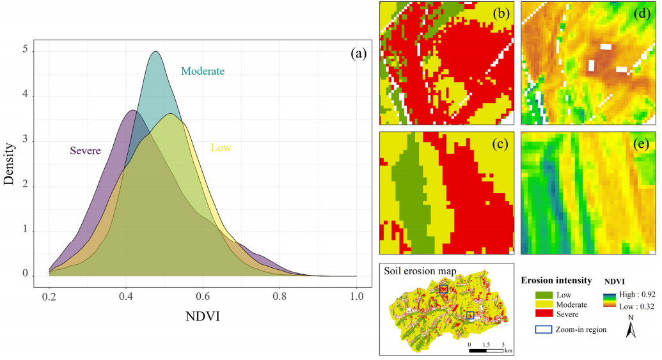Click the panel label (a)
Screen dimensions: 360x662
pos(358,54)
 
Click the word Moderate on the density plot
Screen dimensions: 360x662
pos(203,71)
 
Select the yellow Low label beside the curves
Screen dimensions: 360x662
pos(221,148)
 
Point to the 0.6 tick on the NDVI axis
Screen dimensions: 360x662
pos(203,297)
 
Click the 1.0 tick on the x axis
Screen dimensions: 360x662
pos(357,297)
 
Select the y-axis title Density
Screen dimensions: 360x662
pos(9,163)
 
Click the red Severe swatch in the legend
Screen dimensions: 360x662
pos(545,314)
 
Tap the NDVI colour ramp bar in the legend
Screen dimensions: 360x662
pos(611,301)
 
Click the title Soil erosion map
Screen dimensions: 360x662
pos(420,271)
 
